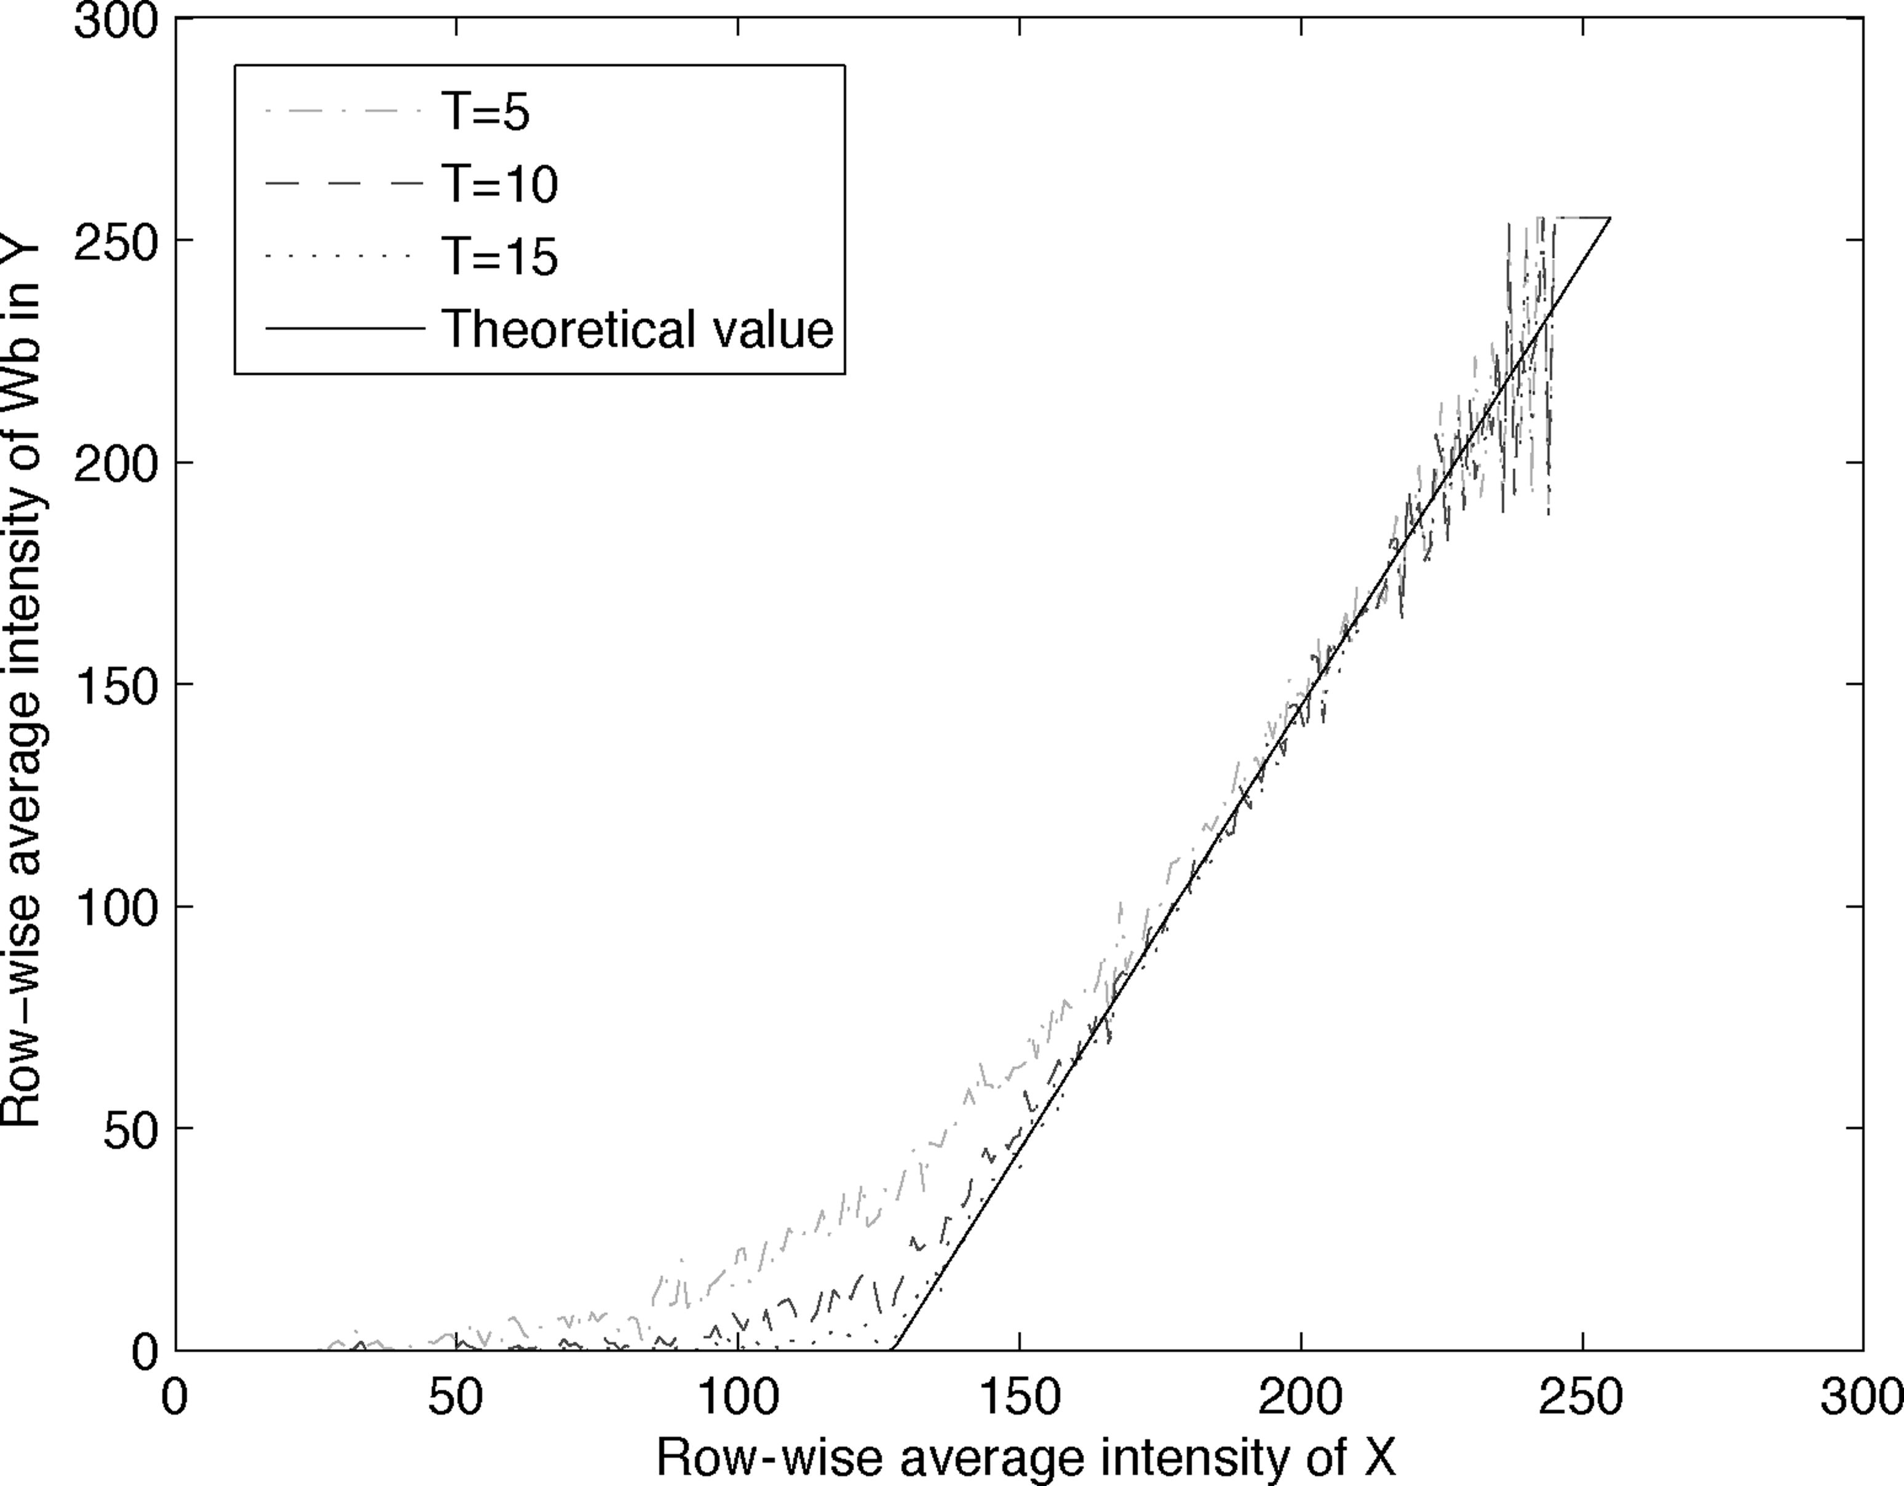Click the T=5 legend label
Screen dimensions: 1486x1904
(486, 113)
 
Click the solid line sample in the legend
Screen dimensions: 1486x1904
(344, 330)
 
